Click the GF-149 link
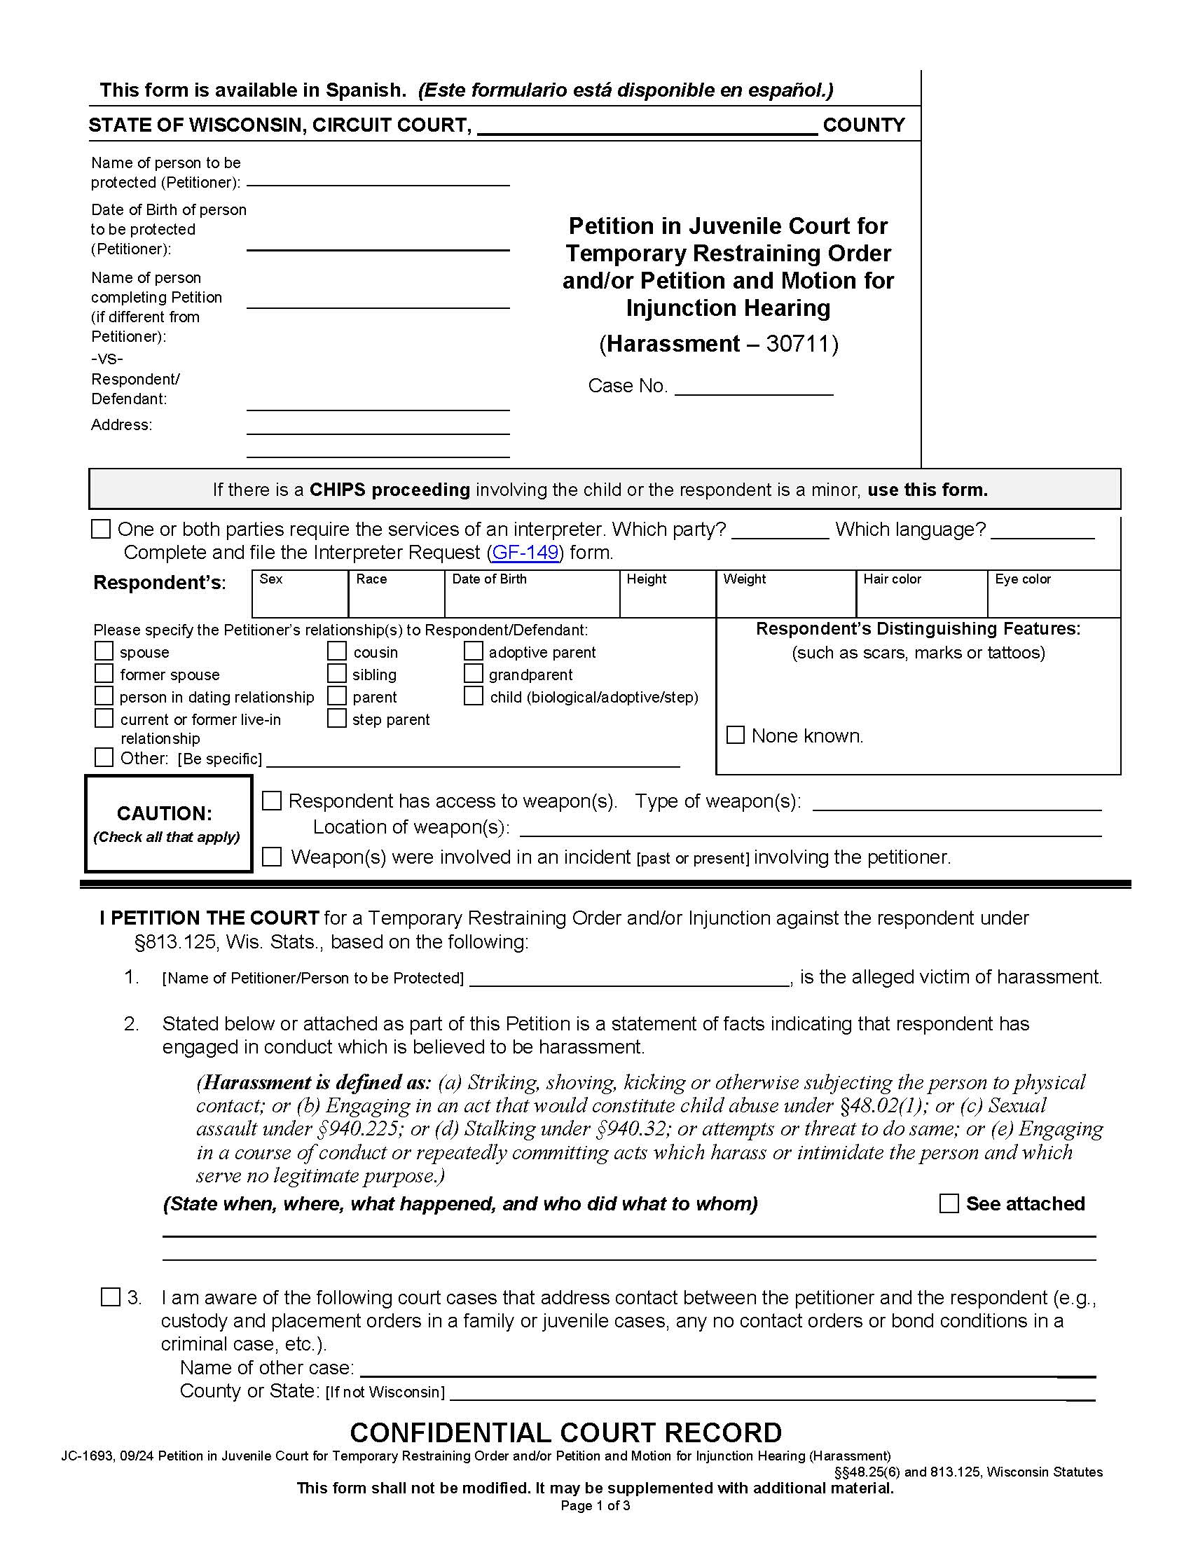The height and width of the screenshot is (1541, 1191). [x=525, y=552]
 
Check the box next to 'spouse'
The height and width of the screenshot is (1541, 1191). [x=104, y=651]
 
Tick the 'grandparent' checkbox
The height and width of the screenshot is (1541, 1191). [x=473, y=673]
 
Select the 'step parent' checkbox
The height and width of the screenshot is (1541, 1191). [x=336, y=718]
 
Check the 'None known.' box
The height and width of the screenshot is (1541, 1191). [x=735, y=735]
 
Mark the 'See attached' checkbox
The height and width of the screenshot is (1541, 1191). [x=949, y=1203]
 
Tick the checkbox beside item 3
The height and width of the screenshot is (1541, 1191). [x=110, y=1297]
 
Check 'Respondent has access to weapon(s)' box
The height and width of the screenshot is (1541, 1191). [x=272, y=800]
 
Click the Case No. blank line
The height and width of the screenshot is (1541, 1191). [x=754, y=387]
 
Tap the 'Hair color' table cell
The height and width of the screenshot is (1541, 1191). [x=921, y=594]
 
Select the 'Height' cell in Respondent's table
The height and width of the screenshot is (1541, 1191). [x=667, y=594]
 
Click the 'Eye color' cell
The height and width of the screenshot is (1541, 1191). [x=1053, y=594]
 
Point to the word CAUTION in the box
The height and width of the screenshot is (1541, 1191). [x=165, y=813]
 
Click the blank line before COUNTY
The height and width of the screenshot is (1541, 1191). [x=647, y=127]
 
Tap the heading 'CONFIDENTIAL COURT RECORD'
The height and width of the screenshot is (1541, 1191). [x=565, y=1432]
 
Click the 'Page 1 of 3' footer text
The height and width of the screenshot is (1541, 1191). [x=595, y=1506]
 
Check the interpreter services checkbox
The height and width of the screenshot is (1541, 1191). [x=101, y=529]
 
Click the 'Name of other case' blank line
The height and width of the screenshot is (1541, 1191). [x=727, y=1369]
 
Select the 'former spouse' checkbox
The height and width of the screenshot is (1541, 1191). [x=104, y=673]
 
